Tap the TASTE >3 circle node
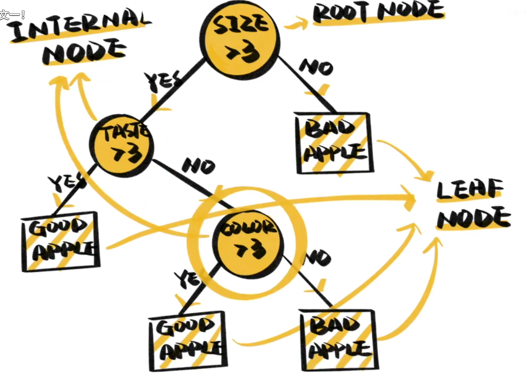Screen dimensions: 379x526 tap(121, 145)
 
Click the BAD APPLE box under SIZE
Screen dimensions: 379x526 tap(334, 143)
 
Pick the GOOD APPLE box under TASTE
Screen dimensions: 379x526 tap(60, 241)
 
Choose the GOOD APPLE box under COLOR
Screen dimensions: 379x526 tap(188, 341)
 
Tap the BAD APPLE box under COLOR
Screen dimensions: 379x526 tap(339, 340)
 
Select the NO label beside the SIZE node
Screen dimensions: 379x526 tap(316, 67)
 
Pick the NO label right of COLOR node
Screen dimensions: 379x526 tap(318, 258)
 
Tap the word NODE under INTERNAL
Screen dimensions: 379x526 tap(84, 52)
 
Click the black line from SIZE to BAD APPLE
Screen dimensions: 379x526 tap(307, 85)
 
